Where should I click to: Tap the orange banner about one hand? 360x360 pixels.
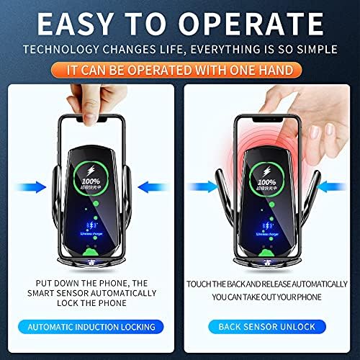pyautogui.click(x=179, y=71)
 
